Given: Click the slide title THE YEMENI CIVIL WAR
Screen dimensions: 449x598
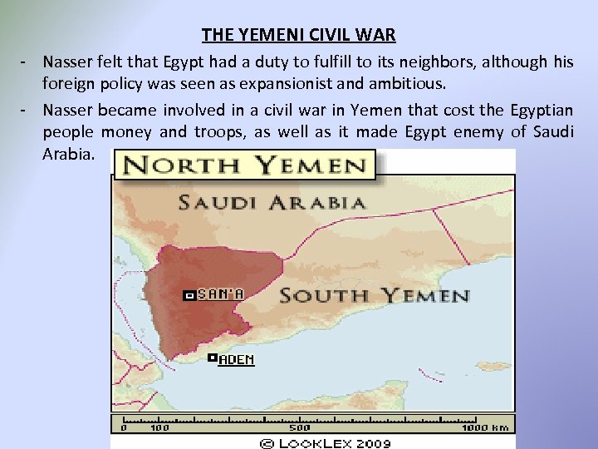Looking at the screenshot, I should pyautogui.click(x=298, y=35).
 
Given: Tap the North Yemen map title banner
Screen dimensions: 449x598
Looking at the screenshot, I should pyautogui.click(x=245, y=165).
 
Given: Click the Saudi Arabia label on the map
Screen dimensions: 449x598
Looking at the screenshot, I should pyautogui.click(x=272, y=202).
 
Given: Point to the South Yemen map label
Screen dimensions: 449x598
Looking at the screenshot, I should pyautogui.click(x=375, y=295).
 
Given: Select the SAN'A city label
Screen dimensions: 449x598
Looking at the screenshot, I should pyautogui.click(x=220, y=294).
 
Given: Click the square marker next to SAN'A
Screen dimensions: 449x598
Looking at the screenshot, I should pyautogui.click(x=189, y=295).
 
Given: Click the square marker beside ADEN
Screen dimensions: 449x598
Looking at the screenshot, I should pyautogui.click(x=213, y=358).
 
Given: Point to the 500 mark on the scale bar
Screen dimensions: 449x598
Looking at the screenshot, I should pyautogui.click(x=299, y=427).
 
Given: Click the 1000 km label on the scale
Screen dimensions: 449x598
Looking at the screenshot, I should pyautogui.click(x=486, y=427).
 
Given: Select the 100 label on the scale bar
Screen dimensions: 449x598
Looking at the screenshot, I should pyautogui.click(x=159, y=427).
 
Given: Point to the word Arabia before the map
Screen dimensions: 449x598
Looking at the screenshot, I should pyautogui.click(x=70, y=155).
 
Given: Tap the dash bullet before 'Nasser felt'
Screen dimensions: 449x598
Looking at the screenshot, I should pyautogui.click(x=27, y=62).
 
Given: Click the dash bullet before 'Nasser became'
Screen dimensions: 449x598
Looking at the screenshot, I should pyautogui.click(x=27, y=110).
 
